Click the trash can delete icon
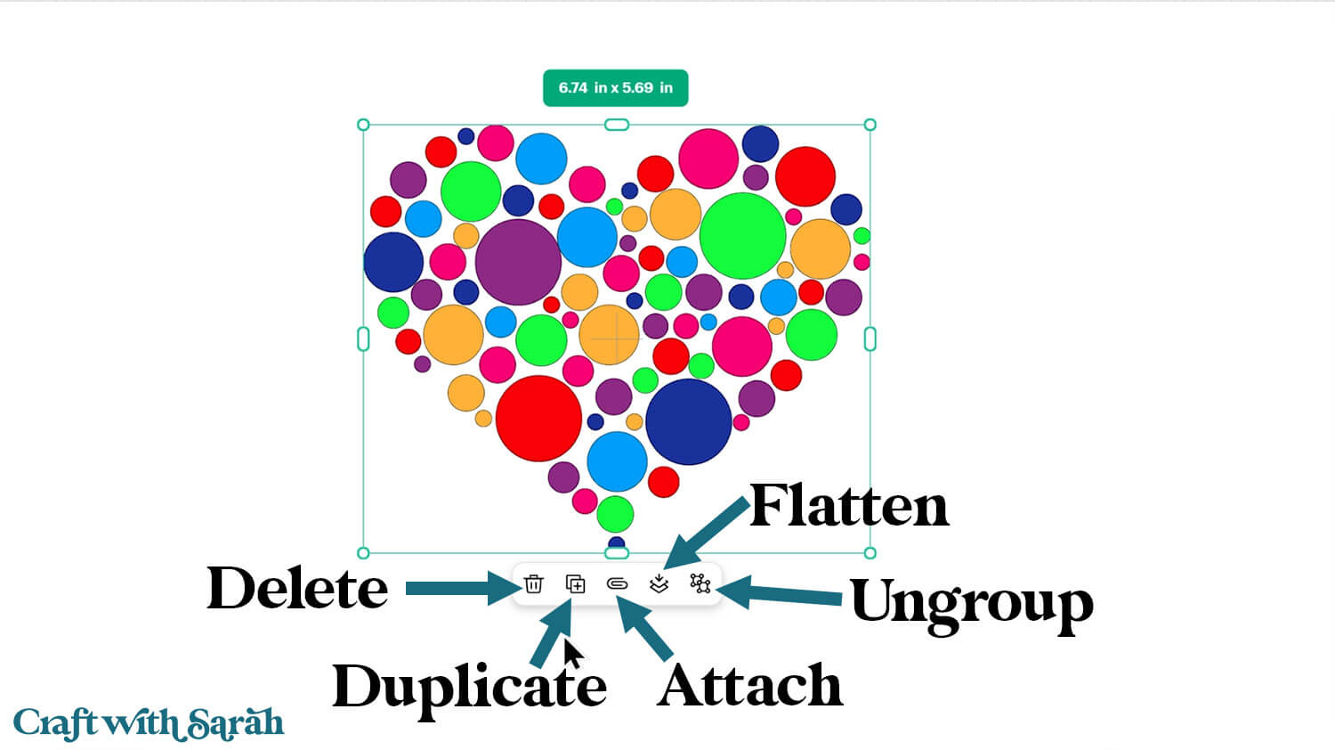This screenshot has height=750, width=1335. [533, 584]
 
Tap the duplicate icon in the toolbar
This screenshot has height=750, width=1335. [576, 584]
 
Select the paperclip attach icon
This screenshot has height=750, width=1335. [617, 584]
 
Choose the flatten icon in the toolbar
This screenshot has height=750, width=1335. [659, 583]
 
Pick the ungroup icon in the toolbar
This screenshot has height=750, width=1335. [700, 583]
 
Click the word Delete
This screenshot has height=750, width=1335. [297, 589]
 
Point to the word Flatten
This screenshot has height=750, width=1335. [849, 506]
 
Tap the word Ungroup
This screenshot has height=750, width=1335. [971, 603]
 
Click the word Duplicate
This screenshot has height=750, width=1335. [469, 686]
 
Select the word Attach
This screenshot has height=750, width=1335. [749, 686]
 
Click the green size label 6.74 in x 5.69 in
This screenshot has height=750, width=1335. [616, 88]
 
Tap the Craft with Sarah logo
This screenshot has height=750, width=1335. [149, 722]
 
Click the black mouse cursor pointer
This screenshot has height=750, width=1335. [572, 653]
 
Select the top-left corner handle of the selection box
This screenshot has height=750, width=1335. [363, 125]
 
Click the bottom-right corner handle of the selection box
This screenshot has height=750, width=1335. [870, 553]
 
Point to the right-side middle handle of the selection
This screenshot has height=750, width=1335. [870, 338]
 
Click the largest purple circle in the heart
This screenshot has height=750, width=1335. [518, 262]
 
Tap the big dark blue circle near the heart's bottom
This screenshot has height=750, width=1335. [689, 422]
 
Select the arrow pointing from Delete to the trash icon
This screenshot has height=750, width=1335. [458, 588]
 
